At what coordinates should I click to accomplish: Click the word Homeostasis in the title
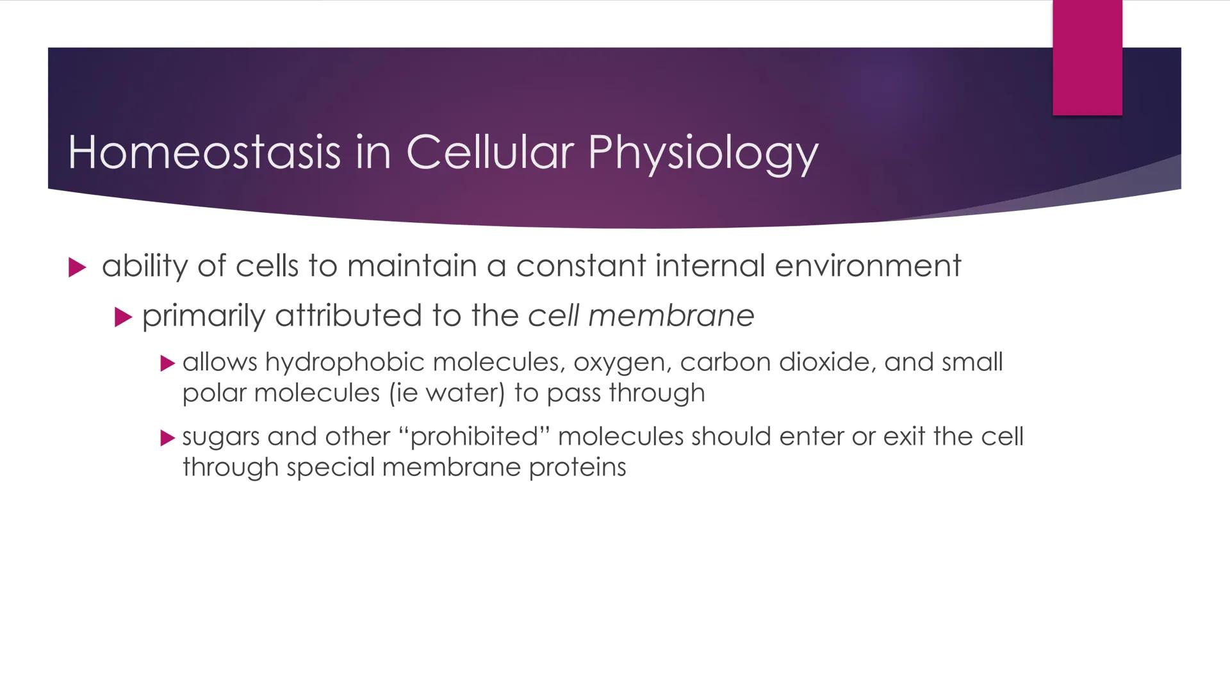(204, 152)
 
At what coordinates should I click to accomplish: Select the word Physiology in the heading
(703, 154)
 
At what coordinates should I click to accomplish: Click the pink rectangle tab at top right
(1087, 58)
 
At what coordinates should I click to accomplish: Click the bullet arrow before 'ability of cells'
(77, 267)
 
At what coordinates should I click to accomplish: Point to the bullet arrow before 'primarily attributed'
(123, 317)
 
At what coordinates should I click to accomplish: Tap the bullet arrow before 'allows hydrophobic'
(167, 364)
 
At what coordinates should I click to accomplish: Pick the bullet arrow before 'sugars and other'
(167, 438)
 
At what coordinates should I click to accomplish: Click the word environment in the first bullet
(867, 265)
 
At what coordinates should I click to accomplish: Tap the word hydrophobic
(344, 363)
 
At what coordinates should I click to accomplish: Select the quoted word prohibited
(474, 436)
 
